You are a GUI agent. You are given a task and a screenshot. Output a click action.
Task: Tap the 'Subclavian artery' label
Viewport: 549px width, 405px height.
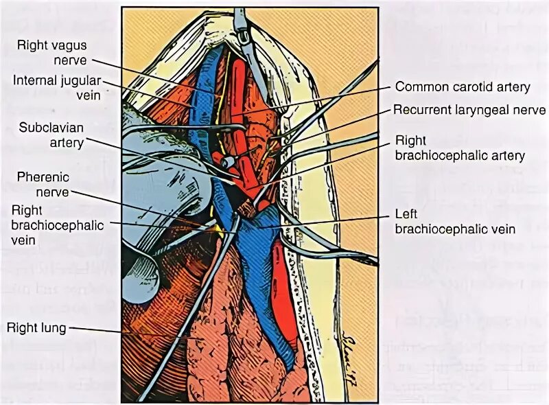tap(51, 135)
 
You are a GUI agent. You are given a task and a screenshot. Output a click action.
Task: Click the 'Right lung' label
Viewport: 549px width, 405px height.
tap(36, 328)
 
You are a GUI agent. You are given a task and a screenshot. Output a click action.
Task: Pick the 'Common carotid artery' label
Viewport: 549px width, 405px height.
tap(463, 87)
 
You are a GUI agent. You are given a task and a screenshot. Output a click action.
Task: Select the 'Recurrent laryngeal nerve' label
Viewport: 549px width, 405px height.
tap(469, 110)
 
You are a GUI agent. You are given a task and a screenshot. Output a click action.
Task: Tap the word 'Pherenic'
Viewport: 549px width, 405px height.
tap(43, 178)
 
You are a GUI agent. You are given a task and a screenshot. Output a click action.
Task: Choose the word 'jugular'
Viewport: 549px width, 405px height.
tap(78, 81)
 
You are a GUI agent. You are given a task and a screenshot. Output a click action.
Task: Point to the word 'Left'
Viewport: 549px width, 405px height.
tap(406, 213)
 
